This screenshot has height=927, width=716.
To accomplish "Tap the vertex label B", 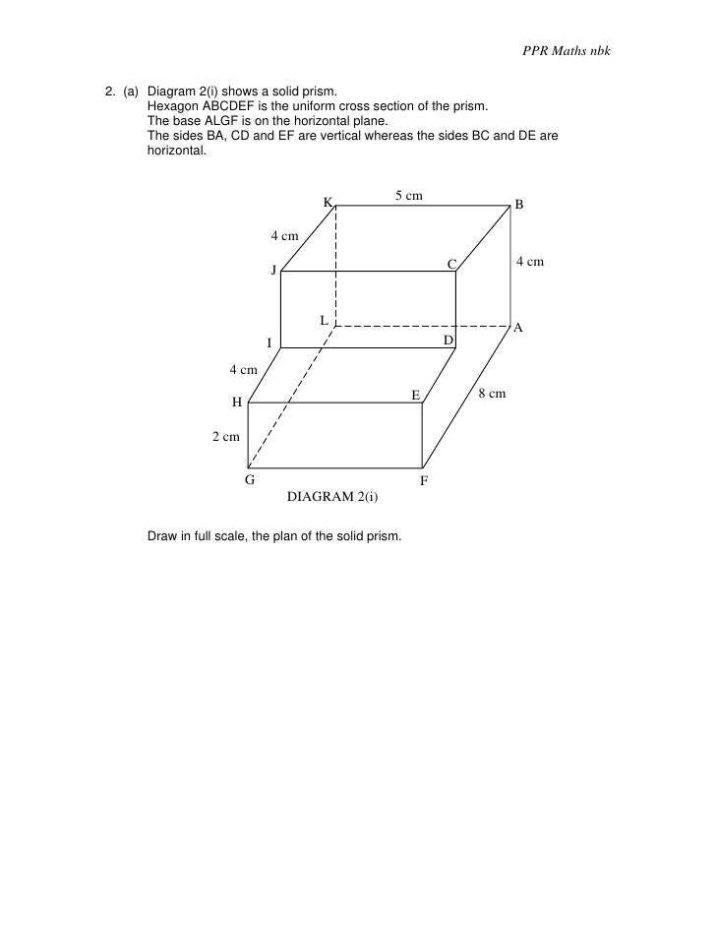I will click(x=519, y=205).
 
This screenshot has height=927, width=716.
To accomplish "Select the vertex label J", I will click(x=275, y=272).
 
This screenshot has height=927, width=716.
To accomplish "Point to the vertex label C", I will click(x=451, y=264).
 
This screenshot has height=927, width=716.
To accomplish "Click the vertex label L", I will click(x=323, y=320).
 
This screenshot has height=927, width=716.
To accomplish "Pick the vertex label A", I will click(x=518, y=328).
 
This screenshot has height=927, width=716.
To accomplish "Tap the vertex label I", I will click(x=269, y=343).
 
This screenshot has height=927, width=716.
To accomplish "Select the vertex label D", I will click(x=447, y=340).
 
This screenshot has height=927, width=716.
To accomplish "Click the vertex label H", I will click(x=237, y=402).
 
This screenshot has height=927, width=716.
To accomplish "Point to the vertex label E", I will click(x=416, y=396).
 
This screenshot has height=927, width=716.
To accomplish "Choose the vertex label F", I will click(x=424, y=481).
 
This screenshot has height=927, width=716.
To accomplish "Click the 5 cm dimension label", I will click(x=409, y=196).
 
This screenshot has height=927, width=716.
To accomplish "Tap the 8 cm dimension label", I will click(x=492, y=394).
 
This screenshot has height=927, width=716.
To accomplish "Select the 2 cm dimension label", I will click(x=226, y=436).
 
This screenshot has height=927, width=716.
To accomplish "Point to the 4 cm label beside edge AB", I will click(x=530, y=262).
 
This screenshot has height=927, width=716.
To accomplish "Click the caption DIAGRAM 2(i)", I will click(x=332, y=497).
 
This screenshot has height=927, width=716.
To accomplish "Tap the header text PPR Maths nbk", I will click(x=567, y=50).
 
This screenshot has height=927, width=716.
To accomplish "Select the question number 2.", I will click(x=109, y=92).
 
